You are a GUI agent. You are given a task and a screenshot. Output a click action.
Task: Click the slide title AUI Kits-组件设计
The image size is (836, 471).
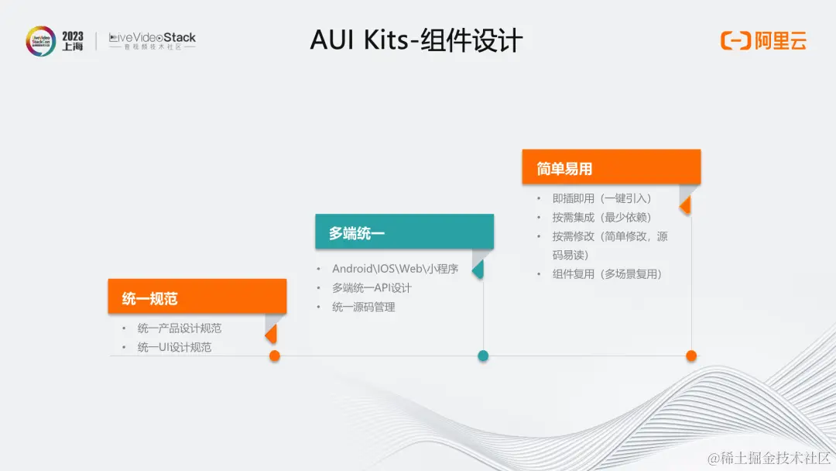pos(416,40)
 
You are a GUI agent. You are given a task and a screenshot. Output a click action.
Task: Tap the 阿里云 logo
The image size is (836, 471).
pos(763,41)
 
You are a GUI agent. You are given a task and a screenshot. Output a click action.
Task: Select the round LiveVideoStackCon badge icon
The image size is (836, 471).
pos(40,41)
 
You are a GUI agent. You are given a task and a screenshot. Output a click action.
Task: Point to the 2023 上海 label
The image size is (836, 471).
pos(73,41)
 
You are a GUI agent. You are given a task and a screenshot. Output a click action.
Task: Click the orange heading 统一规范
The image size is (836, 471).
pos(150,298)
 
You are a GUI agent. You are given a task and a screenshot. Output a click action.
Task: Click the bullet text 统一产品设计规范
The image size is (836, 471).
pos(180,328)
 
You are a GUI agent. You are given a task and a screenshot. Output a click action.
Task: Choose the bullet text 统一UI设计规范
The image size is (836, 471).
pos(174,347)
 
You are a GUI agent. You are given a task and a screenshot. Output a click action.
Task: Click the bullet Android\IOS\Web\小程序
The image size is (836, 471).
pos(395,269)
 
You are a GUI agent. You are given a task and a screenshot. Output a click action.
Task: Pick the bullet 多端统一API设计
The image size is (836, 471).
pos(372,288)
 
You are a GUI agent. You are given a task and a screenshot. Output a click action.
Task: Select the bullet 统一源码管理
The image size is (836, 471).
pos(364,307)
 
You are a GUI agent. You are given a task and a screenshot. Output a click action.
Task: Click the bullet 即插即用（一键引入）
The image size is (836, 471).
pos(602,198)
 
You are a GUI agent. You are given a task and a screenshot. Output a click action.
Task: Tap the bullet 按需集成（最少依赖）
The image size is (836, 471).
pos(602,217)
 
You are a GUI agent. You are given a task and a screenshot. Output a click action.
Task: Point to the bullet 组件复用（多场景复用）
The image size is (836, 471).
pos(608,273)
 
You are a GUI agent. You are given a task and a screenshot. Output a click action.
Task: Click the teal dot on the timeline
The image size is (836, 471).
pos(483,356)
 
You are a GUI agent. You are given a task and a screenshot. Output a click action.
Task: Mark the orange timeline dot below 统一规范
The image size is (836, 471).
pos(274,356)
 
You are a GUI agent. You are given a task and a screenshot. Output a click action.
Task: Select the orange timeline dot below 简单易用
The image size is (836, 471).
pos(691,356)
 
